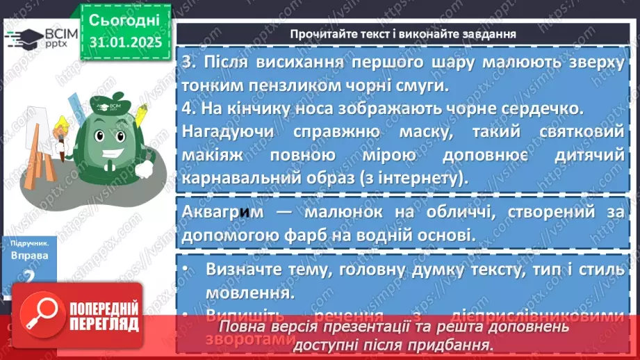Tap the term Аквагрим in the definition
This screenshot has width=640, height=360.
tap(225, 212)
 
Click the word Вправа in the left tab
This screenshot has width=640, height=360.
tap(30, 255)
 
